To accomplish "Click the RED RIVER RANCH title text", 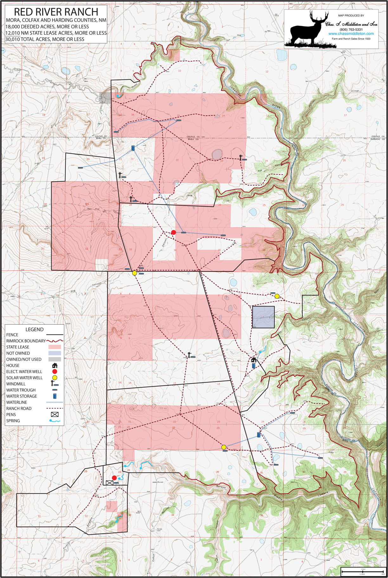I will [x=56, y=12].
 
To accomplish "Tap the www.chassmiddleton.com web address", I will [x=351, y=34].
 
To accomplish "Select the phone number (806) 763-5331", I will [x=351, y=30].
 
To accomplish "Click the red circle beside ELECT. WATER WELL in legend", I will [x=55, y=371].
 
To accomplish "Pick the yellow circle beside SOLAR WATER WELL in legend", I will [x=55, y=378].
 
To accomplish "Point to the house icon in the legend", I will [x=55, y=365].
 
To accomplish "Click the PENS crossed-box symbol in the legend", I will [x=55, y=415].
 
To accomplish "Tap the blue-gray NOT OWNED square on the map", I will [x=263, y=317].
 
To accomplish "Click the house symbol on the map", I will [x=254, y=360].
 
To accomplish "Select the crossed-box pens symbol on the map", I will [x=109, y=483].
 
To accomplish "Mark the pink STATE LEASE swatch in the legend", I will [x=55, y=347].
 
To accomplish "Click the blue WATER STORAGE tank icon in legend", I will [x=55, y=396].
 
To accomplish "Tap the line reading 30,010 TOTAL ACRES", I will [x=45, y=39].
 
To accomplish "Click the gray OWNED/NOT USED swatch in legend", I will [x=55, y=359].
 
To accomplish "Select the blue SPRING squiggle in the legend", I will [x=55, y=421].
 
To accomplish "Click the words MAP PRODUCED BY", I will [x=351, y=16].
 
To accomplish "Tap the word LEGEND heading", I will [x=34, y=329].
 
